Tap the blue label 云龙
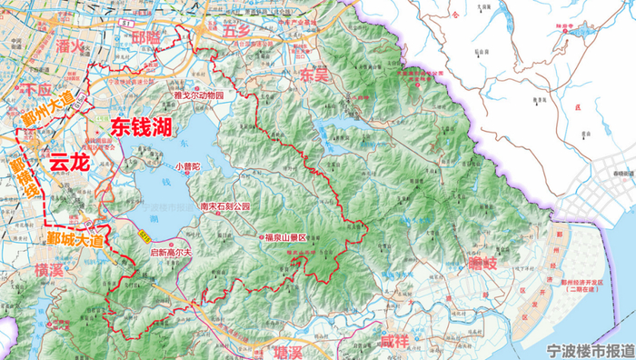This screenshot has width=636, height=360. (x=70, y=164)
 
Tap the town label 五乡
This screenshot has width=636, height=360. (x=238, y=32)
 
